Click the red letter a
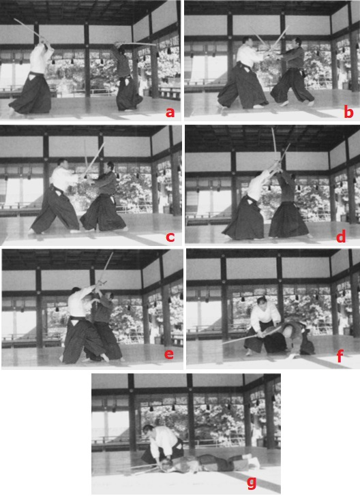pyautogui.click(x=170, y=112)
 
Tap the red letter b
pyautogui.click(x=348, y=112)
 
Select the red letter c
pyautogui.click(x=170, y=236)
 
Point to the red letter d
pyautogui.click(x=341, y=236)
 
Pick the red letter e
pyautogui.click(x=169, y=354)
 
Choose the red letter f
pyautogui.click(x=340, y=356)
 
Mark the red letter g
pyautogui.click(x=252, y=482)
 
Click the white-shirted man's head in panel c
pyautogui.click(x=62, y=164)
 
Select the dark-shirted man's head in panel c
pyautogui.click(x=110, y=166)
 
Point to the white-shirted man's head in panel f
pyautogui.click(x=262, y=302)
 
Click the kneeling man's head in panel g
pyautogui.click(x=148, y=430)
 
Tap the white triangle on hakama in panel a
pyautogui.click(x=32, y=76)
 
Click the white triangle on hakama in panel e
pyautogui.click(x=74, y=322)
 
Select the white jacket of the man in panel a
pyautogui.click(x=40, y=59)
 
